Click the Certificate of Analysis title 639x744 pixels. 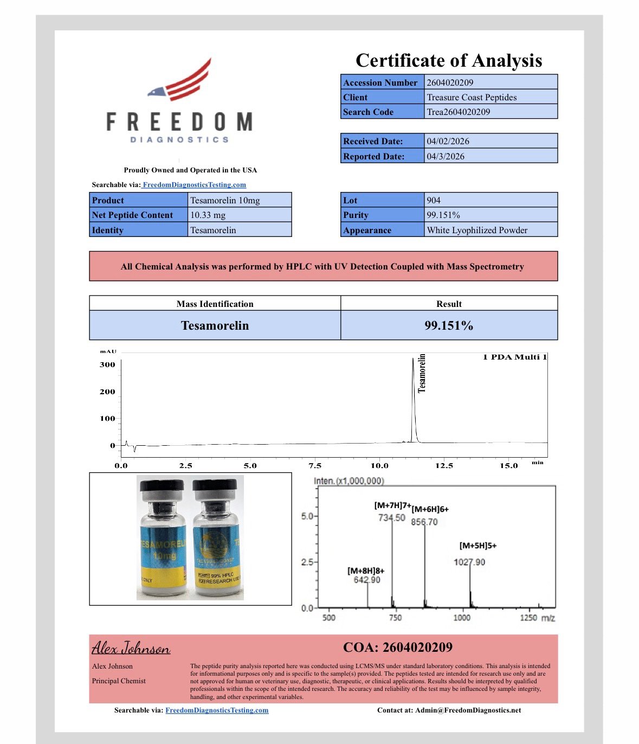coord(449,60)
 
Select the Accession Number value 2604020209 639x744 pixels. coord(450,82)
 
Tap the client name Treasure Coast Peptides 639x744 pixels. coord(472,97)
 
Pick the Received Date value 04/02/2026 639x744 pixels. coord(448,141)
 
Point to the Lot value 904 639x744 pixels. coord(434,200)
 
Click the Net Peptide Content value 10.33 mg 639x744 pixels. coord(208,215)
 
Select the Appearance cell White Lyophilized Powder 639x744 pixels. coord(477,230)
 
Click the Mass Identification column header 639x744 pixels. coord(215,304)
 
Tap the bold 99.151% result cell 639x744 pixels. coord(449,325)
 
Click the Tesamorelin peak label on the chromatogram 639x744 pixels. coord(422,373)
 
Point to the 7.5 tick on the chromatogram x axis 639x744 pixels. coord(315,465)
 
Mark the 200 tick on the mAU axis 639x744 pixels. coord(107,392)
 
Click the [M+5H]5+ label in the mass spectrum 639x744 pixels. coord(478,546)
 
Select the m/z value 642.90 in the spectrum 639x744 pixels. coord(367,580)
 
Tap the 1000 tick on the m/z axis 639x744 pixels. coord(462,618)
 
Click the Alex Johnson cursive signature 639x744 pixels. coord(131,647)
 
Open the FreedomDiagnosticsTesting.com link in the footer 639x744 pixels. coord(217,710)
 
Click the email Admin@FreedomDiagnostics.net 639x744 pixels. coord(468,710)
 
